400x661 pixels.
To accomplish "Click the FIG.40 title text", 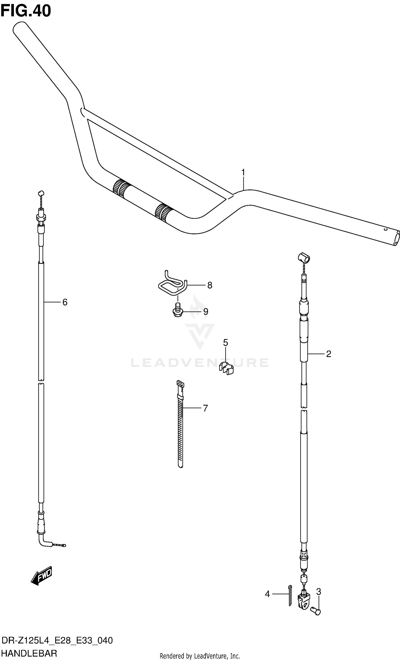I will click(x=26, y=11).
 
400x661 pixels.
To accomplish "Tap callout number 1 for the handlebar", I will click(x=243, y=172).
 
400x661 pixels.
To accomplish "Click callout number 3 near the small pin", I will click(x=318, y=591).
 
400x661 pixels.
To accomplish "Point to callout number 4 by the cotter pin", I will click(x=267, y=594).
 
